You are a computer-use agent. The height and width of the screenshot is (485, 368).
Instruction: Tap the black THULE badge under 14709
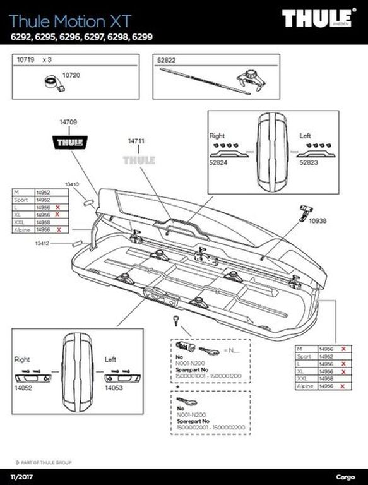click(69, 141)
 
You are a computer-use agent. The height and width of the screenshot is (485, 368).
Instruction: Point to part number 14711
click(136, 141)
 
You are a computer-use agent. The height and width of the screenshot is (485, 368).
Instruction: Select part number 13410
click(72, 184)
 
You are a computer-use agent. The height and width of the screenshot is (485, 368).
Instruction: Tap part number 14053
click(114, 388)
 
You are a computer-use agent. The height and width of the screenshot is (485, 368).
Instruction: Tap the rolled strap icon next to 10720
click(51, 81)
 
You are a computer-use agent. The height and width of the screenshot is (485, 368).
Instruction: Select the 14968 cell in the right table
click(326, 378)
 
